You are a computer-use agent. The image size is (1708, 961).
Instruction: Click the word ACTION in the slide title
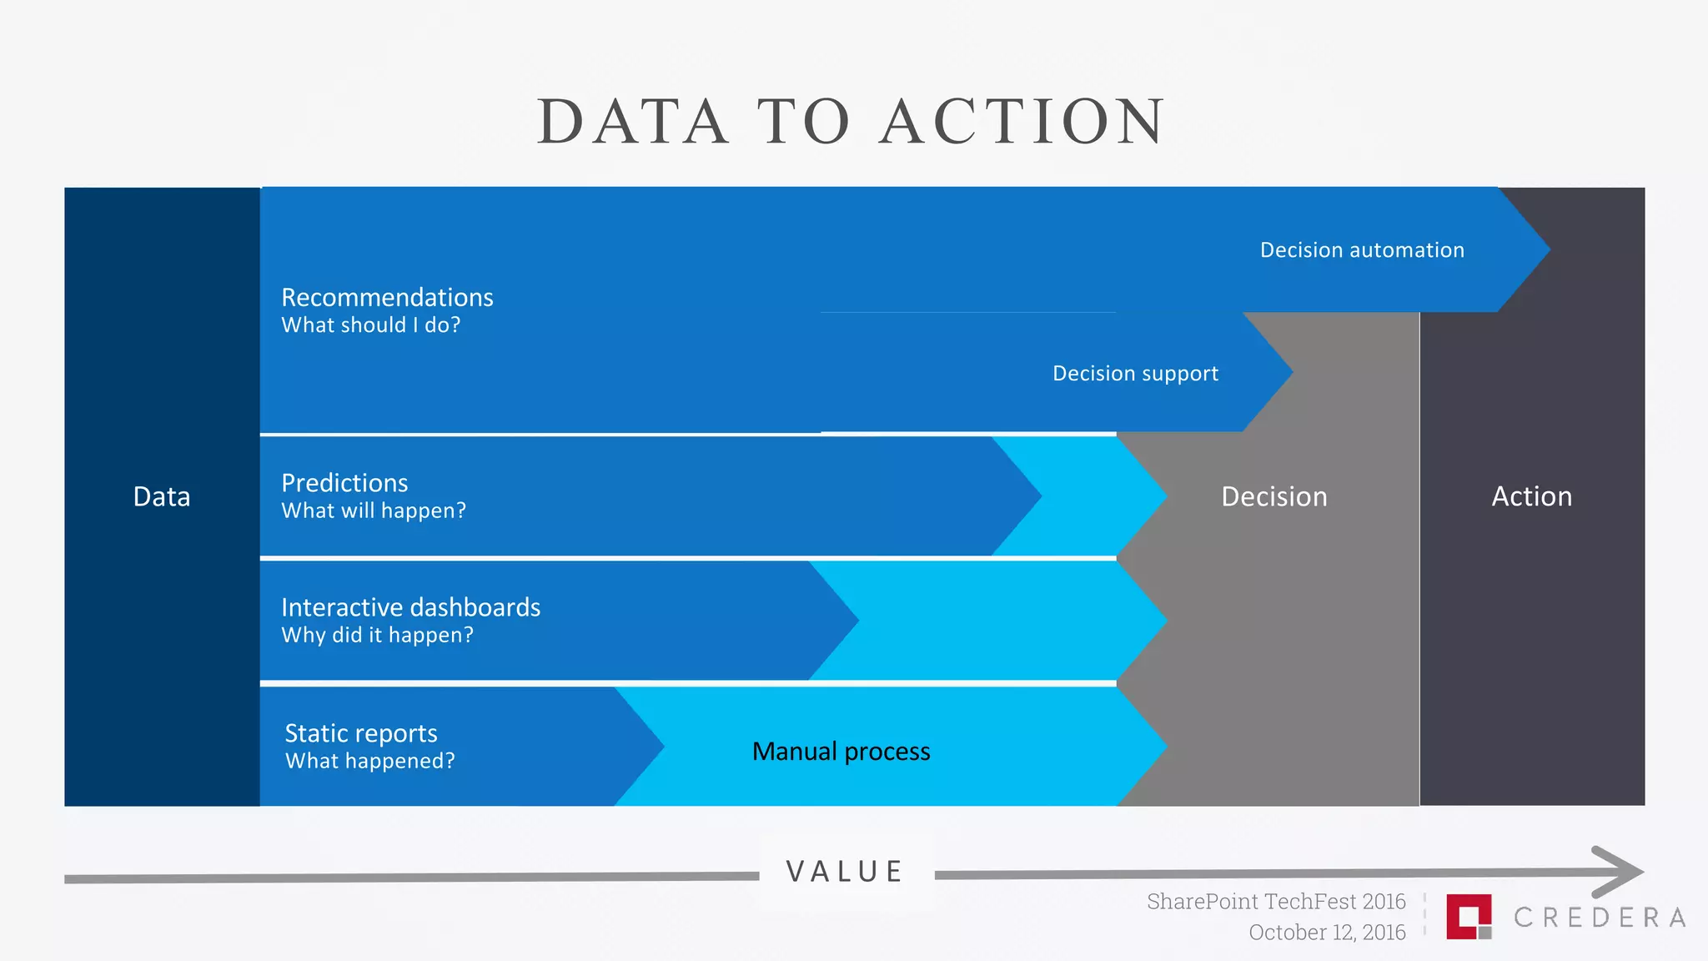[x=1023, y=122]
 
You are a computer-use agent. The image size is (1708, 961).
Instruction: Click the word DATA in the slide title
[x=633, y=122]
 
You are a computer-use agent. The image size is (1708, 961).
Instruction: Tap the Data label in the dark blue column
[x=162, y=497]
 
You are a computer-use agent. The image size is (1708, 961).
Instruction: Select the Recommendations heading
[x=387, y=297]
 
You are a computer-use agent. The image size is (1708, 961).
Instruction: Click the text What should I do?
[x=370, y=325]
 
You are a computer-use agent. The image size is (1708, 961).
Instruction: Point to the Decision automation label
[x=1362, y=250]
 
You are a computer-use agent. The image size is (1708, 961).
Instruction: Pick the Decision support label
[x=1135, y=373]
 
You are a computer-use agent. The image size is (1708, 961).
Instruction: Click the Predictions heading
[x=344, y=483]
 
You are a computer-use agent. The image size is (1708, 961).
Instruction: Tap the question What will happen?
[x=373, y=511]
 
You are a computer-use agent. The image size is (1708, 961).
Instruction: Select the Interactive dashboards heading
[x=410, y=607]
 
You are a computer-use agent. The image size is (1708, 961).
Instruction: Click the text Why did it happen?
[x=377, y=635]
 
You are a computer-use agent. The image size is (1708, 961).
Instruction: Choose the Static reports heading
[x=360, y=733]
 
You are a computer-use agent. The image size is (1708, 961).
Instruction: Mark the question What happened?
[x=369, y=761]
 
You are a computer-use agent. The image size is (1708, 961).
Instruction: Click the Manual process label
[x=841, y=752]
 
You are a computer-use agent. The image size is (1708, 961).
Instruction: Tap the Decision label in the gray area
[x=1273, y=497]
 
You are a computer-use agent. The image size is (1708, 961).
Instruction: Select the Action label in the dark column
[x=1531, y=497]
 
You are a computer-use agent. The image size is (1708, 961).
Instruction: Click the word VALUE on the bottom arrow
[x=845, y=872]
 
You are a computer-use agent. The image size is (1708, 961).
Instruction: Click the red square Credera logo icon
[x=1468, y=916]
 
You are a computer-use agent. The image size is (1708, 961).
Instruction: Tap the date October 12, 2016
[x=1327, y=933]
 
